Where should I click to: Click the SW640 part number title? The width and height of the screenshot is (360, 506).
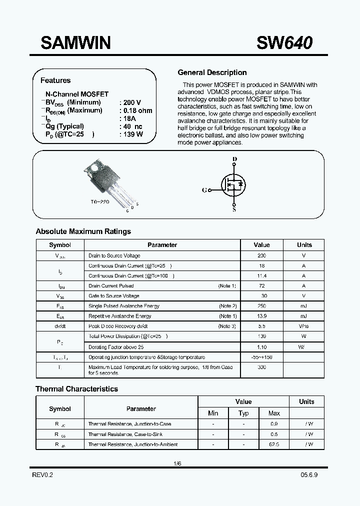[284, 43]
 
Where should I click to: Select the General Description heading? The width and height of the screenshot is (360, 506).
[212, 72]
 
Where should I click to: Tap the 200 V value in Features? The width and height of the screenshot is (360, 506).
[132, 102]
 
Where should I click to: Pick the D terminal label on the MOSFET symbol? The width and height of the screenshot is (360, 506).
[234, 159]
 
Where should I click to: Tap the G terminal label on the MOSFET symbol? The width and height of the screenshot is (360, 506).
[204, 190]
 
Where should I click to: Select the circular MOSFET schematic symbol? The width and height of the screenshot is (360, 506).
[234, 184]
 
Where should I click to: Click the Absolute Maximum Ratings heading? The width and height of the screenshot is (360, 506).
[83, 231]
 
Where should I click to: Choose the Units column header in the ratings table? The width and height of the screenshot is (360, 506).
[304, 245]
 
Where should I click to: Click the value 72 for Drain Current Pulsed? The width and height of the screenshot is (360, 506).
[261, 286]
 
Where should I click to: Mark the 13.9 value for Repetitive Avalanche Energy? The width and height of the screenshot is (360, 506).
[261, 316]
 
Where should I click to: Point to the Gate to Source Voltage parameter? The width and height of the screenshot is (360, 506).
[114, 296]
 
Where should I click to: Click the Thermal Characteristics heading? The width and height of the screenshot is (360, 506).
[76, 388]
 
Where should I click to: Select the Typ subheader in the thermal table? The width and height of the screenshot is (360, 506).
[243, 413]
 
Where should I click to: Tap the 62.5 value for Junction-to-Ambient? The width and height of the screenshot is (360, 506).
[274, 444]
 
